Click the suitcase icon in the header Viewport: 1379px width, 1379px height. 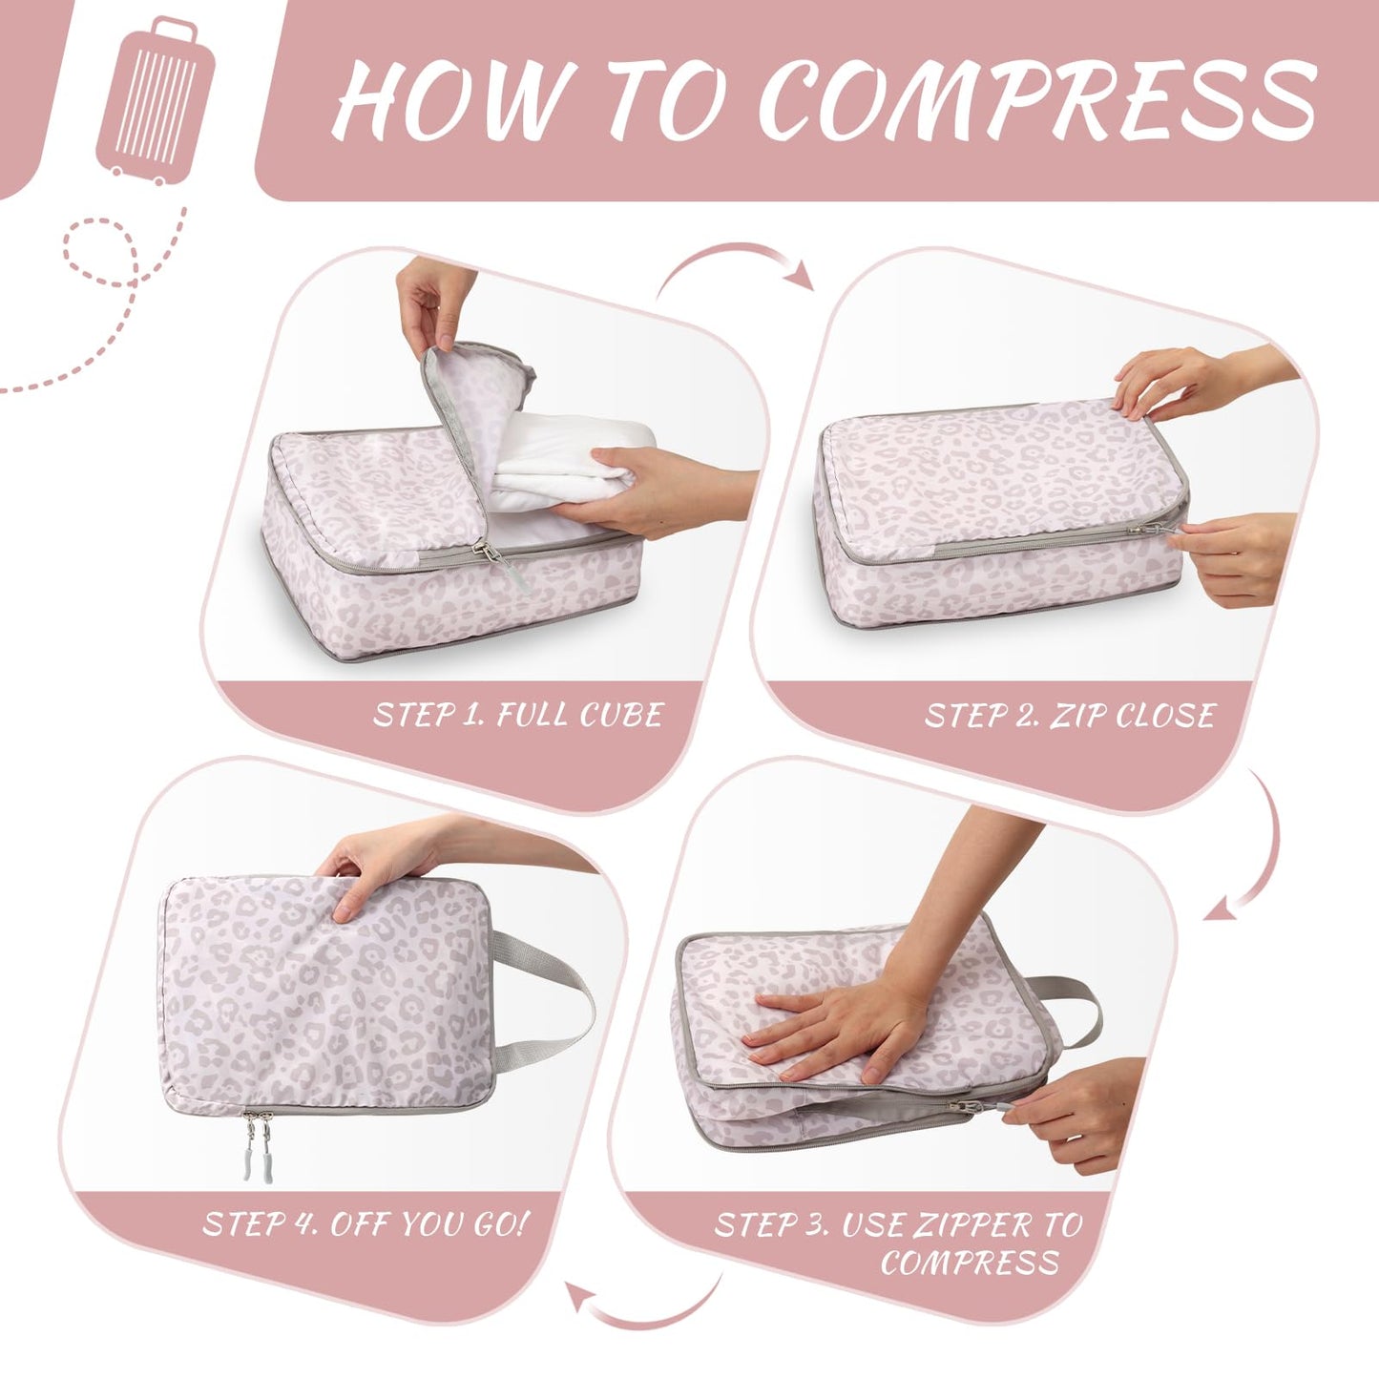(x=155, y=101)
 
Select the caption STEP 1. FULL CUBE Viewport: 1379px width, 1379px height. (x=518, y=715)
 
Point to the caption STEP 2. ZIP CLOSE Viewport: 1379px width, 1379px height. (x=1070, y=716)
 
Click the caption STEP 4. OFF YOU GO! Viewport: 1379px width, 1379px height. (x=365, y=1224)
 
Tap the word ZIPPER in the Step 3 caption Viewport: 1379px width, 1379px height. (x=973, y=1225)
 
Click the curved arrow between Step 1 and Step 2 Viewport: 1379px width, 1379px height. (x=735, y=263)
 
